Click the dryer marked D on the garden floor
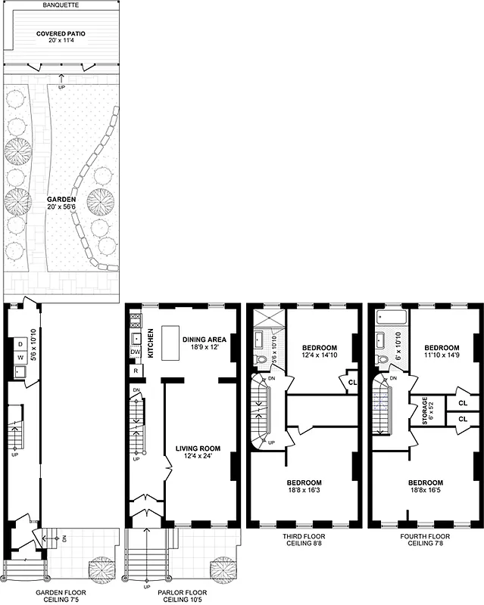pyautogui.click(x=20, y=344)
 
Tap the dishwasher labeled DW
pyautogui.click(x=136, y=352)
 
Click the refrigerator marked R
pyautogui.click(x=135, y=371)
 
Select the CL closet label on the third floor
pyautogui.click(x=351, y=382)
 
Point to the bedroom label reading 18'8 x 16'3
pyautogui.click(x=304, y=487)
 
